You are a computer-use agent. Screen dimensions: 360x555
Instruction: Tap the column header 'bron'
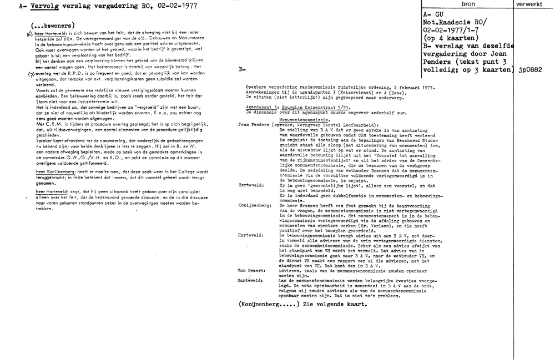[467, 4]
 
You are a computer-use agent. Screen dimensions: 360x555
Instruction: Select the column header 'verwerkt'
[533, 4]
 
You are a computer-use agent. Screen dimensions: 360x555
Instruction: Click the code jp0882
[533, 71]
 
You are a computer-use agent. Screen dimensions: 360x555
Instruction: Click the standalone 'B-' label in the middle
[242, 70]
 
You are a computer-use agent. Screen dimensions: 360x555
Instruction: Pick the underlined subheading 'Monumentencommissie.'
[305, 119]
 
